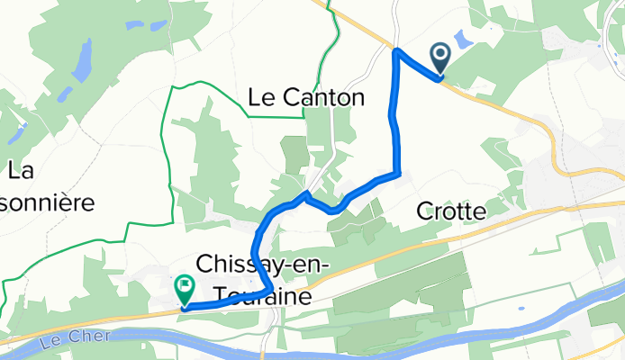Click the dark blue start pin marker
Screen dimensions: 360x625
pos(441,58)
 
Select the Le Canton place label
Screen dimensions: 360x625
pos(306,97)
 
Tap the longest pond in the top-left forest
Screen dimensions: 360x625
pos(81,61)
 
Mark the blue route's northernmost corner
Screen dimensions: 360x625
pos(397,51)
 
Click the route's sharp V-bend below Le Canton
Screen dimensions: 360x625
pos(307,193)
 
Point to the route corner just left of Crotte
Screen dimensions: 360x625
pos(397,172)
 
